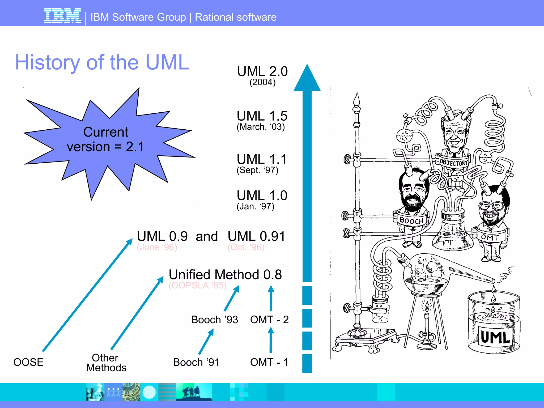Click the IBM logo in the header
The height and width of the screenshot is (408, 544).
click(x=62, y=16)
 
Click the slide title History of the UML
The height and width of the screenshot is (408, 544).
click(x=102, y=62)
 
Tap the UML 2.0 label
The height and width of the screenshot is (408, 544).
click(x=262, y=71)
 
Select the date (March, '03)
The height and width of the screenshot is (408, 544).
click(x=261, y=127)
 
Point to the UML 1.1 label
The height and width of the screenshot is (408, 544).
click(x=262, y=159)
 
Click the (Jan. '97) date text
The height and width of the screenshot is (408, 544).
click(x=255, y=206)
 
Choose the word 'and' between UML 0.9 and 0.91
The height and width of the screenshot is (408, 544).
click(x=207, y=236)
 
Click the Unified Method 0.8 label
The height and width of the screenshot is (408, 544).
click(x=225, y=274)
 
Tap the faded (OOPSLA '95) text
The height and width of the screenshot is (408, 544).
click(x=197, y=285)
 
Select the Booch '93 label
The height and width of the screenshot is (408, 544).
click(x=215, y=320)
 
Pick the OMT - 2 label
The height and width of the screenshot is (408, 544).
click(x=269, y=320)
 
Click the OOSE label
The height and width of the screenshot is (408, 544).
click(x=28, y=362)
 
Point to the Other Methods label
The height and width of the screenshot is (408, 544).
click(x=106, y=363)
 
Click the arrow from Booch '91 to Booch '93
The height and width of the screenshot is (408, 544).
click(x=206, y=342)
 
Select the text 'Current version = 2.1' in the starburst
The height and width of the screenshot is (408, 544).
click(x=106, y=139)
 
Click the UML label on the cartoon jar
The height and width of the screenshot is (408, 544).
click(x=495, y=337)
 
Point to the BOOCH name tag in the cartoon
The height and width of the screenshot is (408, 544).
click(x=411, y=220)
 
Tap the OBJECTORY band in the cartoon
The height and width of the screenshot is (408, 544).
click(x=453, y=162)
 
